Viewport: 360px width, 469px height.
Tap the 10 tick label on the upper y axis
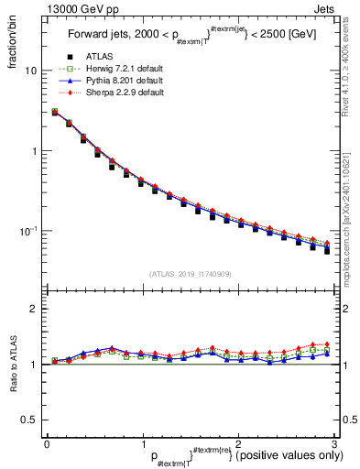pos(31,71)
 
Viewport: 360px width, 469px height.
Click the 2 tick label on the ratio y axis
pos(34,310)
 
